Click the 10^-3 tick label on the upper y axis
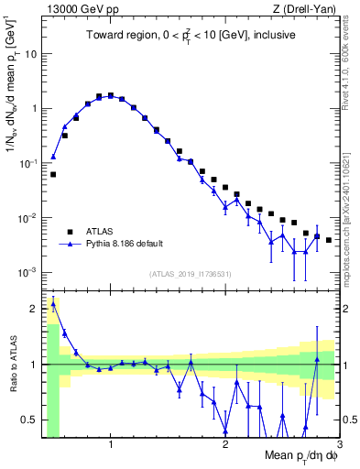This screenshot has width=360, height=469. pyautogui.click(x=29, y=273)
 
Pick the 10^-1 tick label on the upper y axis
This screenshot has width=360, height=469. pyautogui.click(x=29, y=163)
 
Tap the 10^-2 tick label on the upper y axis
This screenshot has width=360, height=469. pyautogui.click(x=29, y=218)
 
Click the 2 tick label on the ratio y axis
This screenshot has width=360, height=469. pyautogui.click(x=35, y=309)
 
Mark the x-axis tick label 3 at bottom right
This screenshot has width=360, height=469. pyautogui.click(x=339, y=444)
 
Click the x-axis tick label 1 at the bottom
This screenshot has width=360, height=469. pyautogui.click(x=111, y=444)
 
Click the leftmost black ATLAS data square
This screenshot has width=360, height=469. pyautogui.click(x=53, y=174)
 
